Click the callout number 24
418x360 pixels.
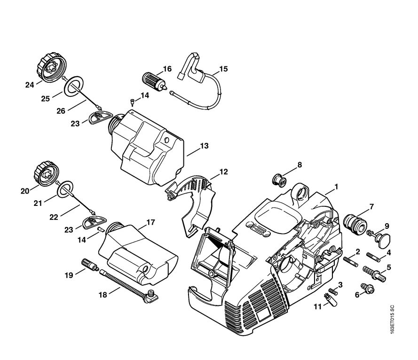click(30, 85)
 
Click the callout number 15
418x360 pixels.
click(223, 69)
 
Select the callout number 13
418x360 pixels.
click(204, 146)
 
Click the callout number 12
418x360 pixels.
click(223, 172)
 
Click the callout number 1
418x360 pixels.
click(336, 187)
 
